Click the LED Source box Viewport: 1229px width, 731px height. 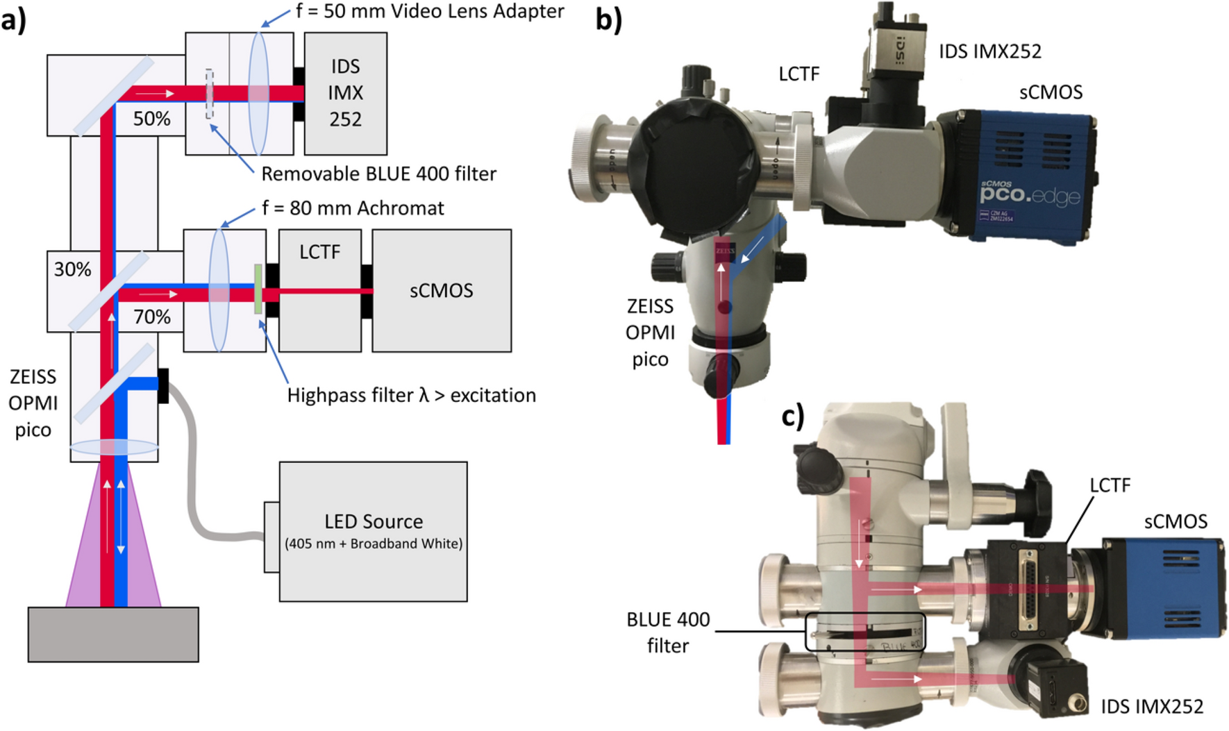pyautogui.click(x=373, y=531)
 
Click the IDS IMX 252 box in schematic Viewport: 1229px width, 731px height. pyautogui.click(x=345, y=93)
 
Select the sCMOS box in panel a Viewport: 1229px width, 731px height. pyautogui.click(x=441, y=290)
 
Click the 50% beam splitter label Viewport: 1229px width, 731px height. pyautogui.click(x=151, y=119)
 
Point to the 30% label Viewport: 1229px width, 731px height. pyautogui.click(x=72, y=269)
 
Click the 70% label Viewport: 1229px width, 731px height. pyautogui.click(x=151, y=317)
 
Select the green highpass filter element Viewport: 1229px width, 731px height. pyautogui.click(x=258, y=289)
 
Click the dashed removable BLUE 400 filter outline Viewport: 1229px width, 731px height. pyautogui.click(x=209, y=94)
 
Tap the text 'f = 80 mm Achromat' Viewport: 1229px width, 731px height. pyautogui.click(x=353, y=208)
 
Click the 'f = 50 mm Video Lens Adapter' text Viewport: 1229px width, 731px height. pyautogui.click(x=430, y=11)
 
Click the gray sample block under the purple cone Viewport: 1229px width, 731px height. pyautogui.click(x=113, y=634)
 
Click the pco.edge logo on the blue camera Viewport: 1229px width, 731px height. pyautogui.click(x=1029, y=194)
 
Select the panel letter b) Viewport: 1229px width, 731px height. pyautogui.click(x=609, y=19)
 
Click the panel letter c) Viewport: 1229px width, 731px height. pyautogui.click(x=793, y=417)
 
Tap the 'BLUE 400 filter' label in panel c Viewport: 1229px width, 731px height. pyautogui.click(x=668, y=632)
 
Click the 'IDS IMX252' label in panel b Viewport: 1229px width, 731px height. pyautogui.click(x=990, y=51)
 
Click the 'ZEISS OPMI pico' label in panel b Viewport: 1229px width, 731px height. pyautogui.click(x=650, y=333)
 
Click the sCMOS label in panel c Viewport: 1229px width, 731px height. pyautogui.click(x=1176, y=521)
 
